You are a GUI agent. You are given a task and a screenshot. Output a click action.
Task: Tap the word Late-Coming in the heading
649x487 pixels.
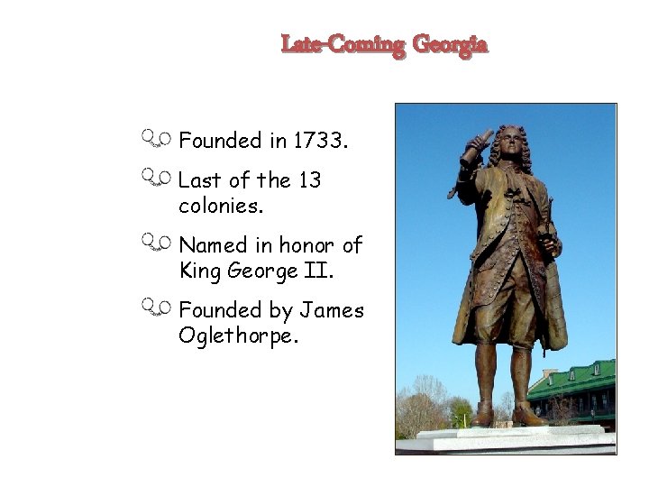click(343, 44)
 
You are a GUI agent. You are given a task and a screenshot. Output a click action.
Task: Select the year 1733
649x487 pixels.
click(320, 141)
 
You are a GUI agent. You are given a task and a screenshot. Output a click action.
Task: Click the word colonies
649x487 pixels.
click(222, 206)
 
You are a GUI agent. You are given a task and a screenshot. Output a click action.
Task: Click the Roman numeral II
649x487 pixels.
click(310, 270)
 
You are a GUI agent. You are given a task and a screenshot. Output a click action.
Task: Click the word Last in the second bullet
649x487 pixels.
click(200, 180)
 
